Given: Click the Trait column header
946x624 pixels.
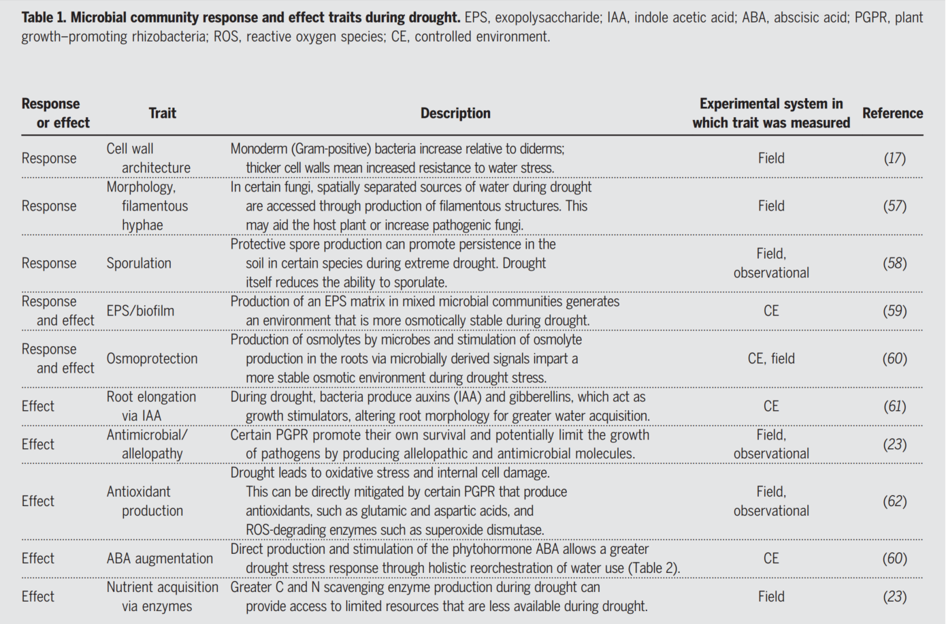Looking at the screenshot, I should [x=162, y=113].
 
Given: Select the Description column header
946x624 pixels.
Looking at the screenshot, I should [x=455, y=113].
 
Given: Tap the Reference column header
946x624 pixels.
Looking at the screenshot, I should [x=892, y=113].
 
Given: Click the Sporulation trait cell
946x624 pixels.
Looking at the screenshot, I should [x=139, y=263].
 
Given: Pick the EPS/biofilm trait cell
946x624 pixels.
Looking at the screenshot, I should [x=140, y=311].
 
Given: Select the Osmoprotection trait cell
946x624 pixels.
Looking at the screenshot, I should [x=152, y=358].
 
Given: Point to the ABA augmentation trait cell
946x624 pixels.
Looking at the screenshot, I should [x=159, y=559].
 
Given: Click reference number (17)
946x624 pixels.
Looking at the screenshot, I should [x=894, y=158].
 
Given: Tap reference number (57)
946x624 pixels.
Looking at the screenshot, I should [x=894, y=206].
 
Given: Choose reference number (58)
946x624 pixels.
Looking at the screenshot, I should [x=894, y=263].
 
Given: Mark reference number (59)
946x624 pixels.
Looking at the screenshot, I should [x=894, y=311].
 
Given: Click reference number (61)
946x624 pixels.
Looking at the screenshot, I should [x=894, y=406].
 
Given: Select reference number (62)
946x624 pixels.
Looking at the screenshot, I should [x=894, y=501].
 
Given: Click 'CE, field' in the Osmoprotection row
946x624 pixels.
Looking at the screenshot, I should [x=771, y=358].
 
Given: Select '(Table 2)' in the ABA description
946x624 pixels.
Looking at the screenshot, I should [x=653, y=568].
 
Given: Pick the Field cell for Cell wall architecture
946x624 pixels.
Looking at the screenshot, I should [x=771, y=158].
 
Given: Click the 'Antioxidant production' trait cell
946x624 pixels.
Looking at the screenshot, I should [x=144, y=501].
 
